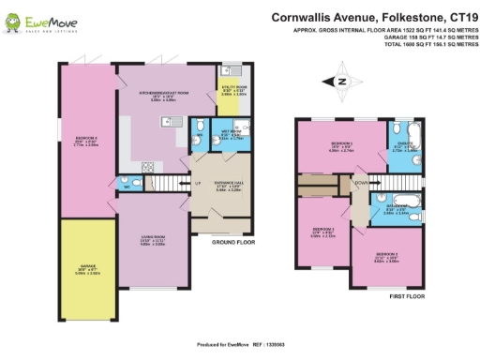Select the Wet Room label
pos(229,134)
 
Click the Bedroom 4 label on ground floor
pos(86,142)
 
